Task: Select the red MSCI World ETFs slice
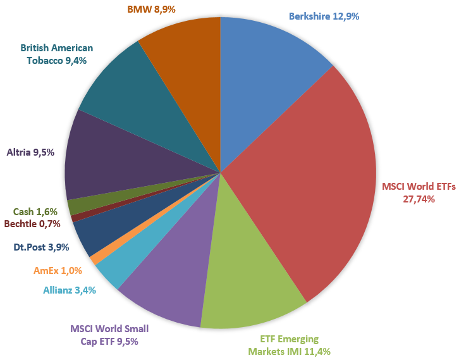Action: (310, 177)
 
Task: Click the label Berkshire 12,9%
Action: (324, 16)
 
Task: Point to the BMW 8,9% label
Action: (150, 9)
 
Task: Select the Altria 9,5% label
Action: (30, 152)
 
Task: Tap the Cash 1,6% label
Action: (35, 212)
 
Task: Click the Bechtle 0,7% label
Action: (32, 223)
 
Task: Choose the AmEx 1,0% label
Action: (58, 270)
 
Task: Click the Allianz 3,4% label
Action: (70, 291)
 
